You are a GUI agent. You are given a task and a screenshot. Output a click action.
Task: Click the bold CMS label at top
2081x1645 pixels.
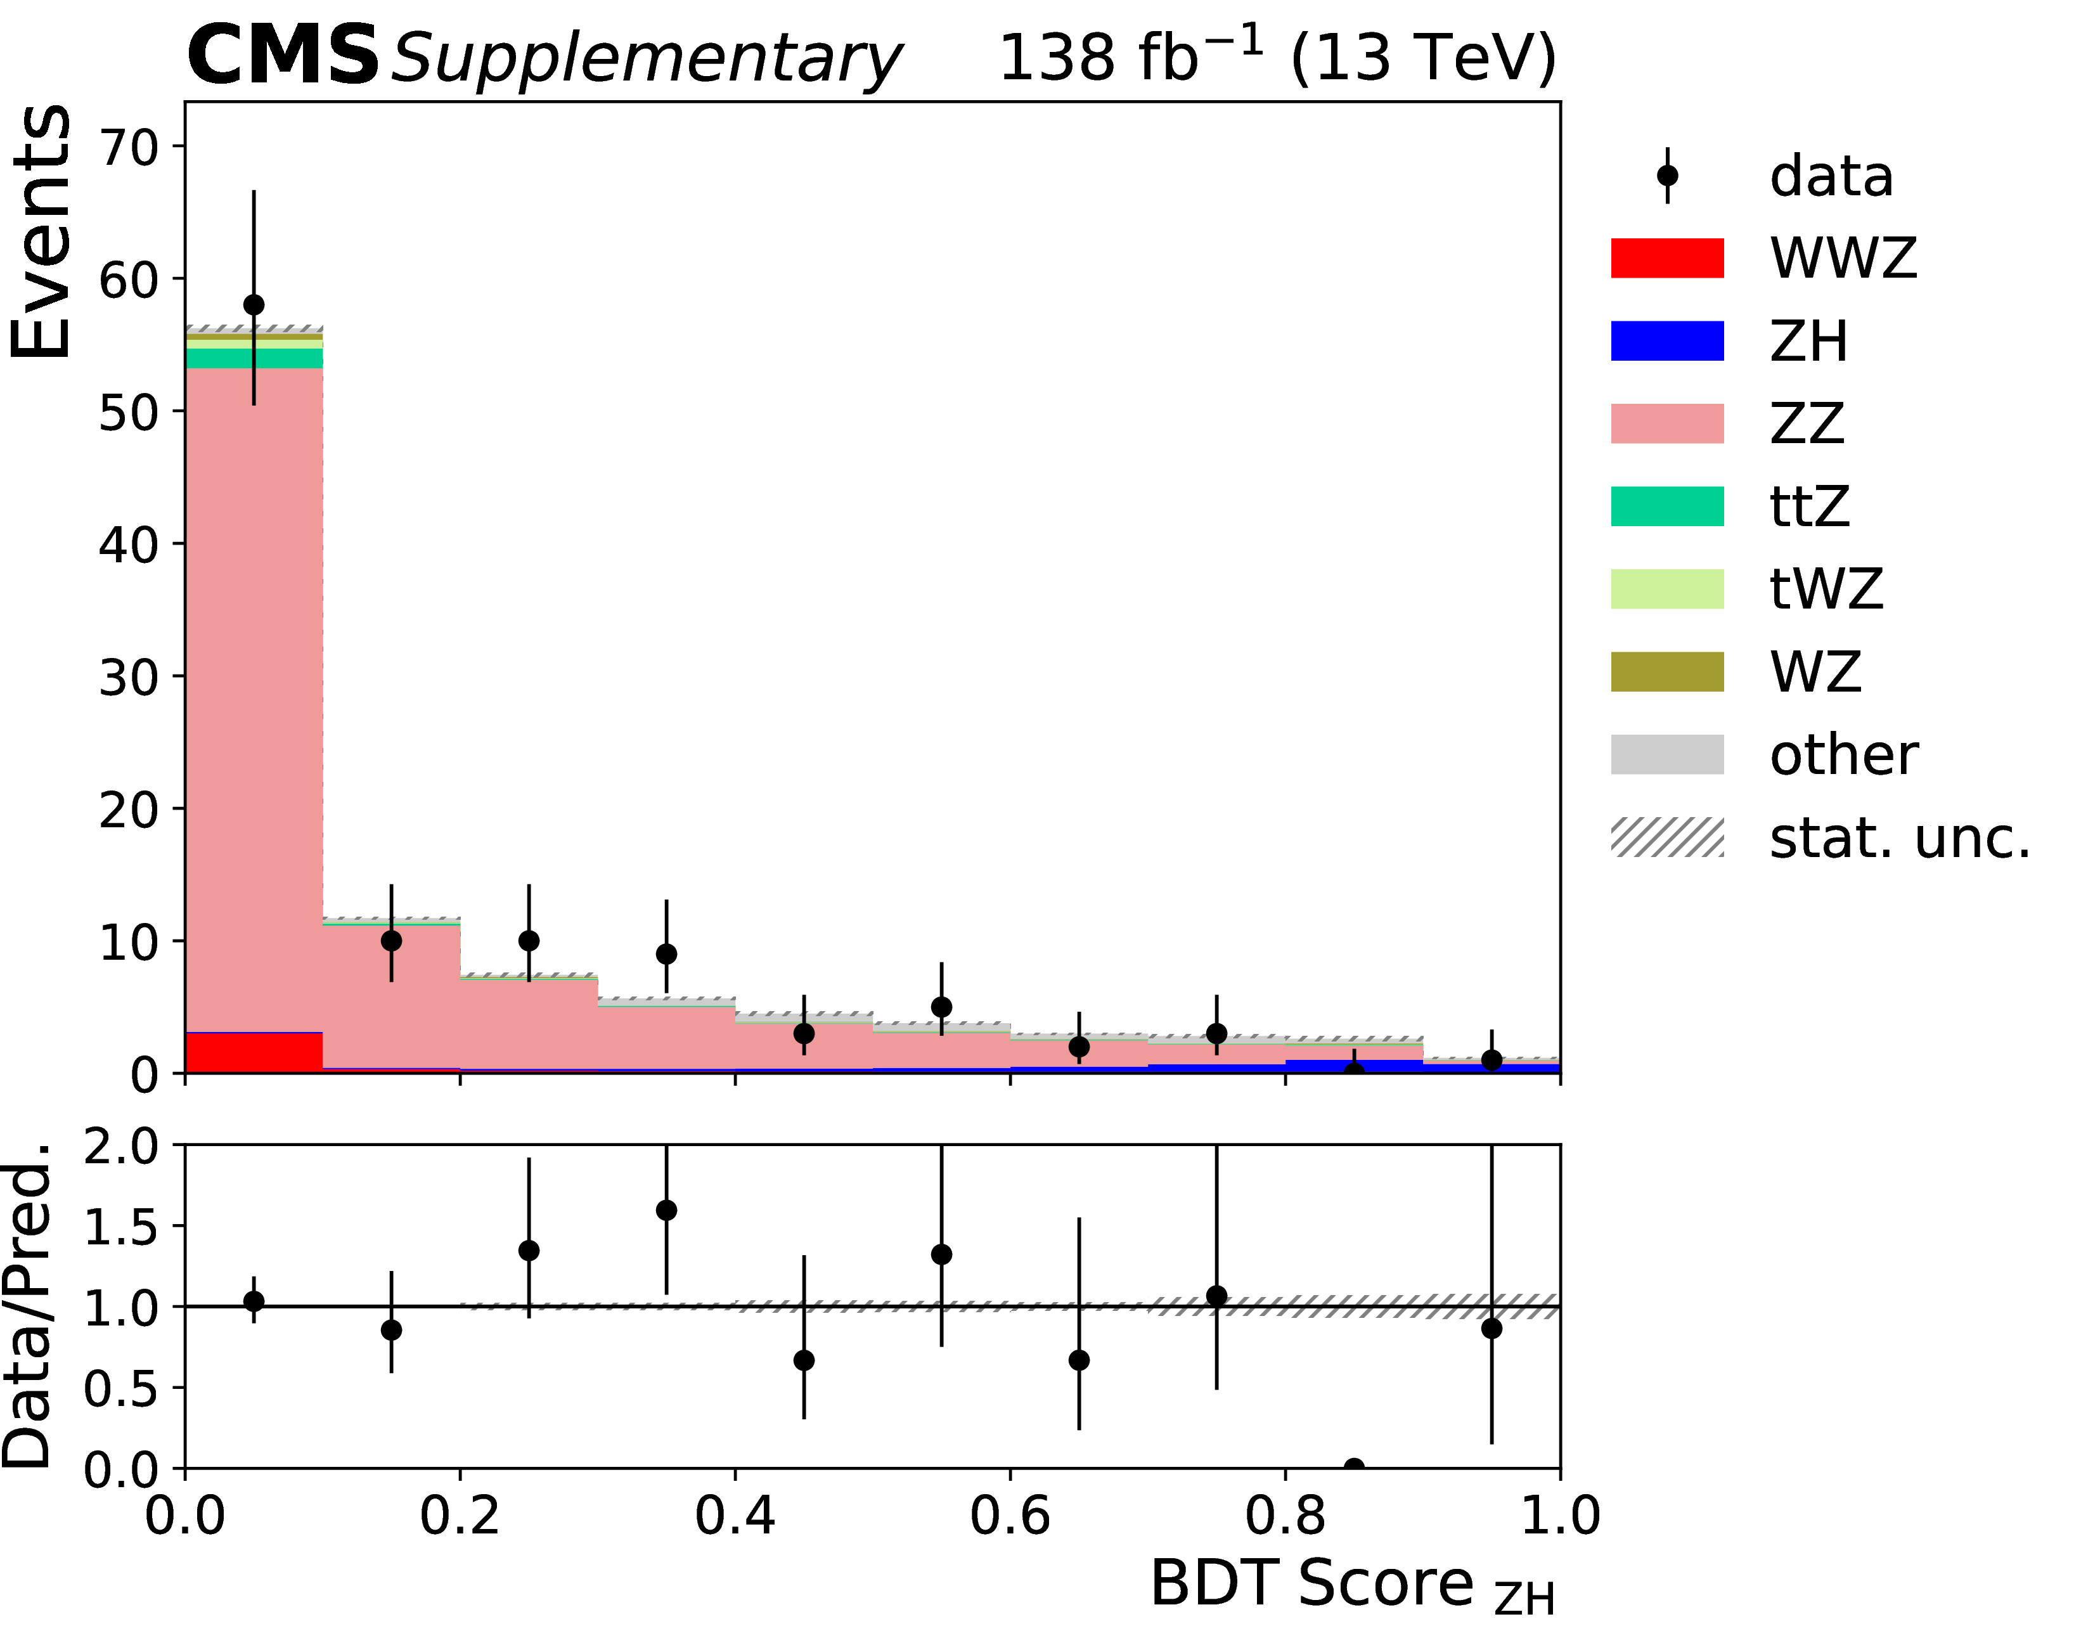point(282,56)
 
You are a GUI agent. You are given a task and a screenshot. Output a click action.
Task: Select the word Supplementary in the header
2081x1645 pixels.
point(646,60)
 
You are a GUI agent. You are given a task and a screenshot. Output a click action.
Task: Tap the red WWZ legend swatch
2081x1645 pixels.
point(1667,258)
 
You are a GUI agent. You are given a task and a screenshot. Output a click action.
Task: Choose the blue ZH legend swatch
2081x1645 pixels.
point(1667,341)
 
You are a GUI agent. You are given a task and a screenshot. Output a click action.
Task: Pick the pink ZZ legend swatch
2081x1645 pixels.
point(1667,424)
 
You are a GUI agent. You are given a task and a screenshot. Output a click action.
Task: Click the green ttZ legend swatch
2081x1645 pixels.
point(1667,506)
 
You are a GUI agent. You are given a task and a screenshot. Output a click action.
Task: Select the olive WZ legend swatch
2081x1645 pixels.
point(1667,672)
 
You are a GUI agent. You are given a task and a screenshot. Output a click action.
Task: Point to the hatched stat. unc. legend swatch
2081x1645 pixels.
point(1667,837)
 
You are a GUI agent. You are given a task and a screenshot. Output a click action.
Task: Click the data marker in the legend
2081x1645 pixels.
point(1667,176)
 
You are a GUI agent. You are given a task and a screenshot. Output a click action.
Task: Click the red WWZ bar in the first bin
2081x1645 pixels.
point(254,1053)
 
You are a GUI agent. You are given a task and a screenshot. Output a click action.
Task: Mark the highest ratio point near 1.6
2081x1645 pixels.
point(666,1210)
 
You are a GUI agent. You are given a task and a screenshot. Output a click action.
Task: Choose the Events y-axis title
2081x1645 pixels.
point(41,231)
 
